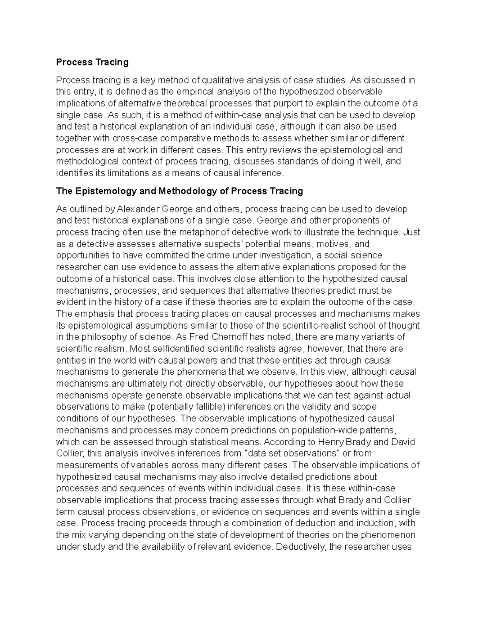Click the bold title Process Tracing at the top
pos(92,62)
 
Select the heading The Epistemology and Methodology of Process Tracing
pos(179,191)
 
